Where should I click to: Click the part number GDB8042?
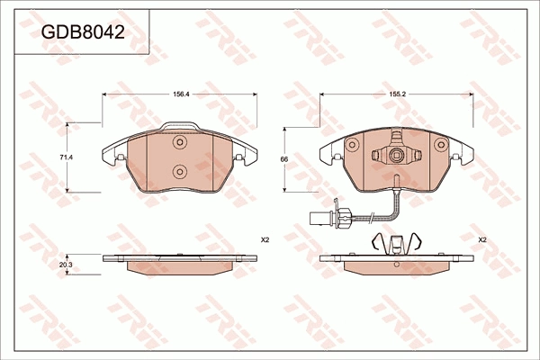83,32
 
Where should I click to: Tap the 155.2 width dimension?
399,94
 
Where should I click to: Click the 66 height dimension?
284,159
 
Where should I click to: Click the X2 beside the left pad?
265,240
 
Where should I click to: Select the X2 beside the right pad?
482,240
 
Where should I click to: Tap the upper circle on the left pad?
179,142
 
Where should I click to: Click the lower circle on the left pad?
179,171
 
